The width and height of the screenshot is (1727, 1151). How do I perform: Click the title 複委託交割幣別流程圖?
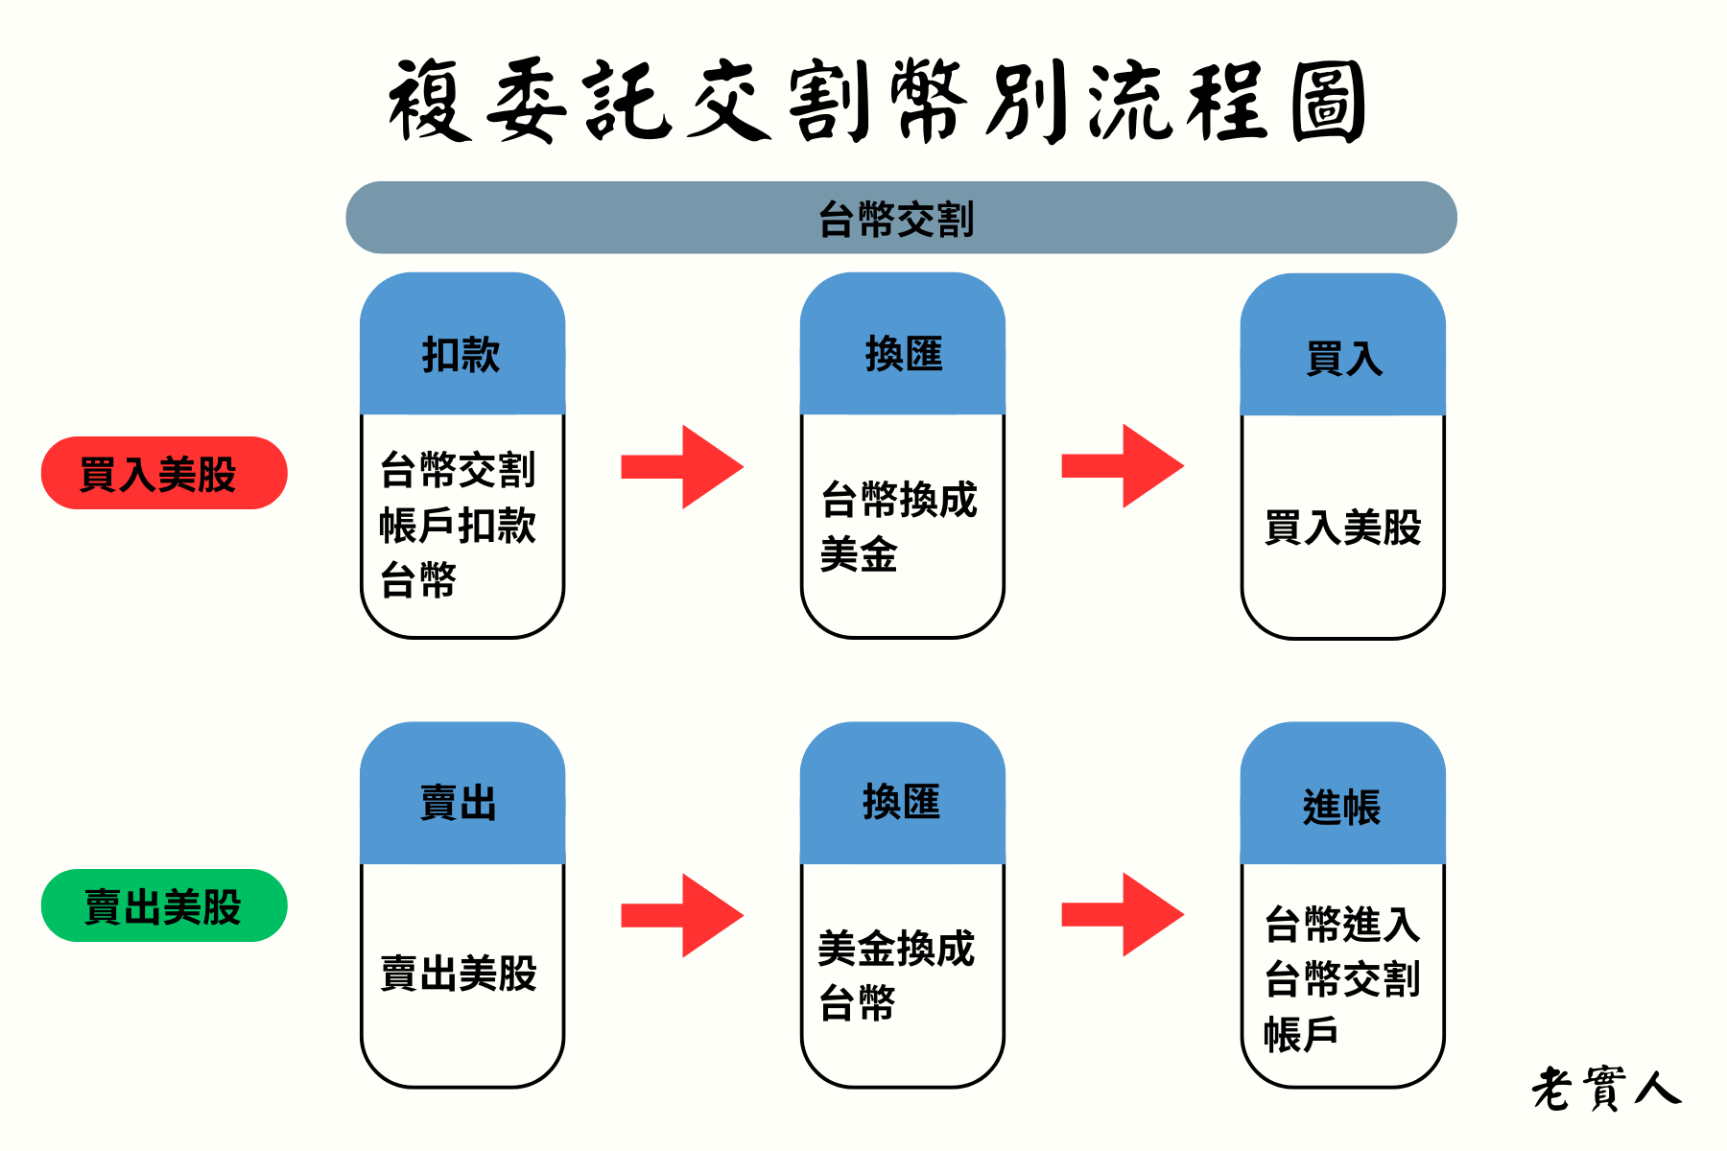point(877,102)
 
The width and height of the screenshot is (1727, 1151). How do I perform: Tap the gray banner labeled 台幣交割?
point(900,218)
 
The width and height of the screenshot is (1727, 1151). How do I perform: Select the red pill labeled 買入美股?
point(164,473)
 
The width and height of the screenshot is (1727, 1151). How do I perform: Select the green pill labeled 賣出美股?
point(164,905)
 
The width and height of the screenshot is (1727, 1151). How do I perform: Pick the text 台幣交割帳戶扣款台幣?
point(458,525)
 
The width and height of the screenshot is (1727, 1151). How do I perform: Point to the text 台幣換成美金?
point(898,527)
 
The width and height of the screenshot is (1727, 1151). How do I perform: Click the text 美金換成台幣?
point(895,975)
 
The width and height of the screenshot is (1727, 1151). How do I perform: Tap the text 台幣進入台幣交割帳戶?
point(1341,978)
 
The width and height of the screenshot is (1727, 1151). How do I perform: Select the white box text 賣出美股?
point(459,973)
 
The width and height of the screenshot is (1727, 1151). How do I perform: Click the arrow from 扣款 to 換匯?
point(682,467)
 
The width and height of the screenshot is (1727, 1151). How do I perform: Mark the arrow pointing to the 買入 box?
point(1123,466)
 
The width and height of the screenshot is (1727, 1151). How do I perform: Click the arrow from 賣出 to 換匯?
point(682,915)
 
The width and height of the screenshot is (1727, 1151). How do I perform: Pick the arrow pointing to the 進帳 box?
point(1123,914)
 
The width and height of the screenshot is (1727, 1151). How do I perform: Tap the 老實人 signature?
point(1605,1089)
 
